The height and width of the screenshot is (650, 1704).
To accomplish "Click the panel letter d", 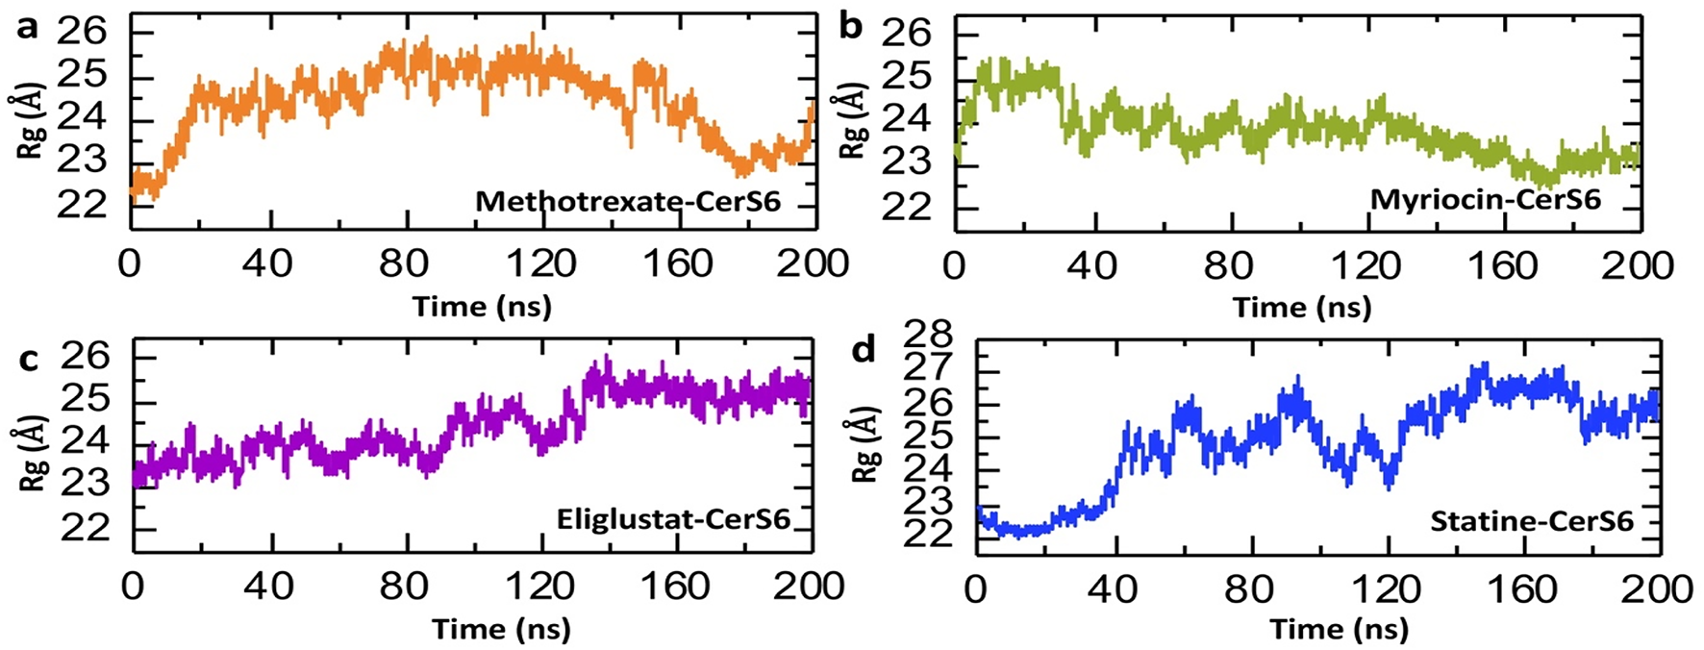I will click(865, 350).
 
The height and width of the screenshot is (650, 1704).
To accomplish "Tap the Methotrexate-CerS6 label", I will click(641, 201).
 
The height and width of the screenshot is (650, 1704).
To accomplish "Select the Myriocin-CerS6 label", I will click(1485, 200).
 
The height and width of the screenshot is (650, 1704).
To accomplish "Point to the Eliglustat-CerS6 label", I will click(673, 520).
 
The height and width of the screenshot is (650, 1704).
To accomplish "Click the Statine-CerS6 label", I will click(1532, 522).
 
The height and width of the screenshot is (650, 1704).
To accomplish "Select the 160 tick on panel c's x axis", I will click(676, 586).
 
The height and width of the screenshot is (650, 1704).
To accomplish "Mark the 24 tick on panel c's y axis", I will click(85, 444).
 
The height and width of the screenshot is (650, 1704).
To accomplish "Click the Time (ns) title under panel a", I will click(482, 307).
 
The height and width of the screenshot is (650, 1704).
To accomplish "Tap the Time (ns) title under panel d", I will click(1339, 630).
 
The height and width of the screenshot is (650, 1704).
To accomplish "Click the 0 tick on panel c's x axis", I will click(133, 586).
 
